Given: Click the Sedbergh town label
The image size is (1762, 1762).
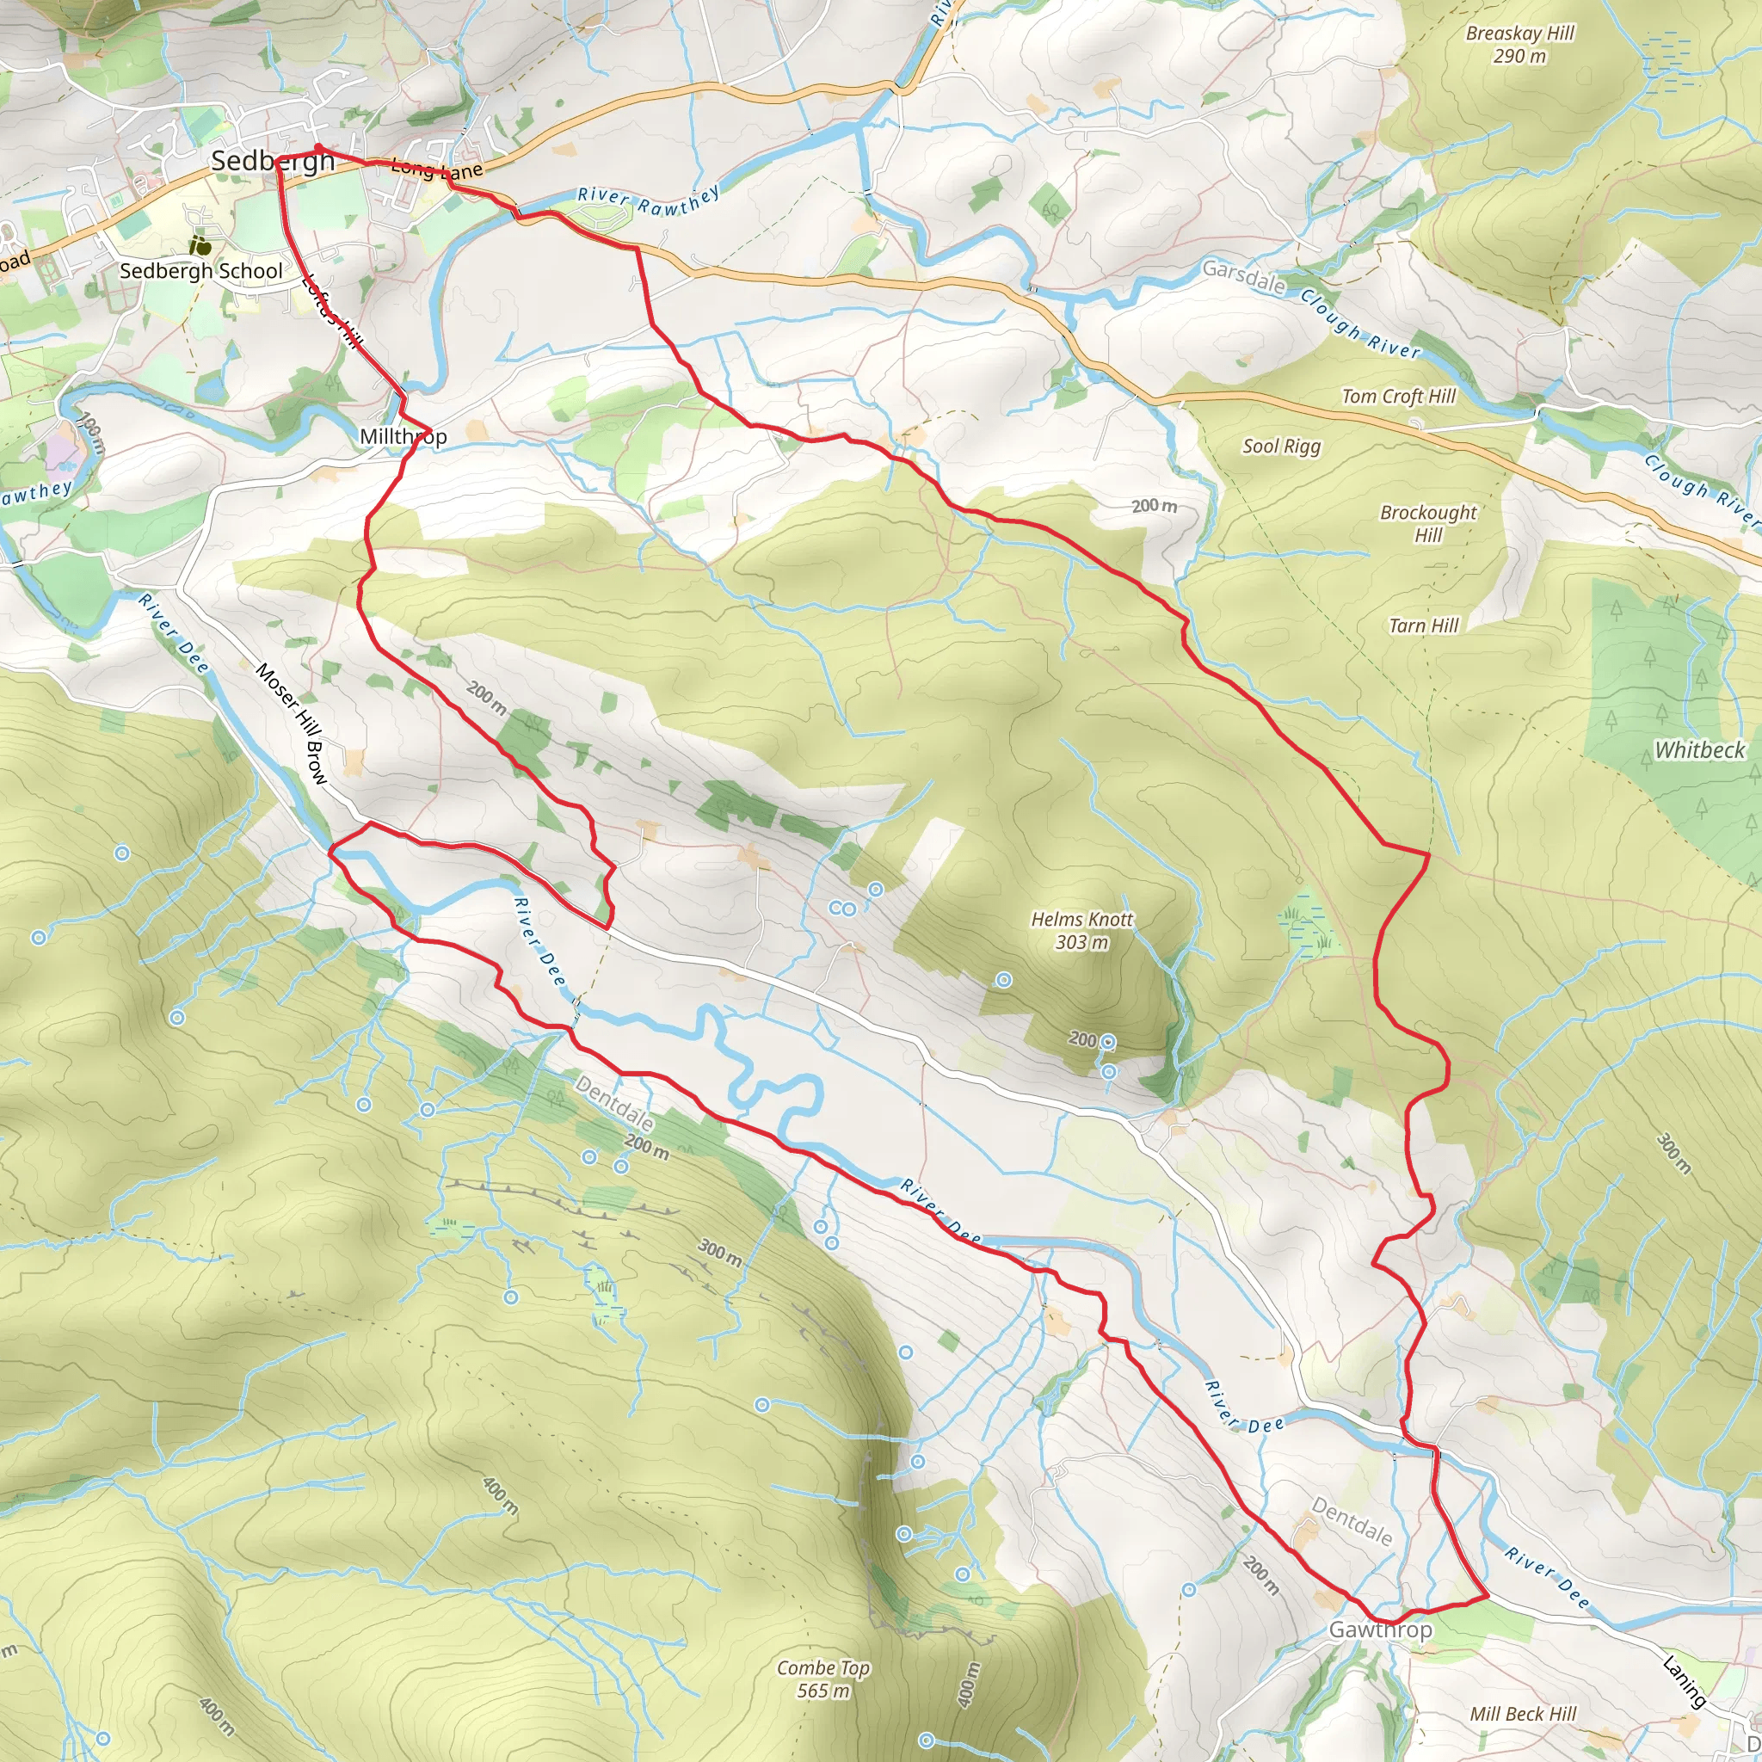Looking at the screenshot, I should [x=273, y=162].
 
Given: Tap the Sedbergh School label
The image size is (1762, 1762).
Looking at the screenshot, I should [x=200, y=271].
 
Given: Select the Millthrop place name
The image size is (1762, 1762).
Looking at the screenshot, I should [x=404, y=436].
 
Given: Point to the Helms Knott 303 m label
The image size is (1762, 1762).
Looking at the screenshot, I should [x=1081, y=930].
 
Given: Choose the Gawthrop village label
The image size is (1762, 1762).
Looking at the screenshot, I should [x=1380, y=1629].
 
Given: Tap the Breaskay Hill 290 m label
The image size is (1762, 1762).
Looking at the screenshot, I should [x=1520, y=44].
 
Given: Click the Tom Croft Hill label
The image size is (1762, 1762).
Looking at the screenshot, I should [x=1398, y=396].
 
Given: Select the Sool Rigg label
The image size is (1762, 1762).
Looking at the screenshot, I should [x=1281, y=446].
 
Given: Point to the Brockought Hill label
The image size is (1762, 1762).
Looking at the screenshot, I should [x=1427, y=523].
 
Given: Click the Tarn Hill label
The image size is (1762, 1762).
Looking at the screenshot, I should [x=1424, y=625].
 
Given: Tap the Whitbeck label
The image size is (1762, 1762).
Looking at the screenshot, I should [x=1700, y=749].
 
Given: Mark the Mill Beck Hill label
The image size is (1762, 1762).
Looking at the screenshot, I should [x=1522, y=1714].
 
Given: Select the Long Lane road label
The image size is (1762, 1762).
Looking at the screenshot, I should [x=437, y=169].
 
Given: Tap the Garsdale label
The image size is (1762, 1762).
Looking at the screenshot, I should [x=1243, y=276].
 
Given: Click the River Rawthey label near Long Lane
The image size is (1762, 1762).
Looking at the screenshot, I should [x=649, y=200].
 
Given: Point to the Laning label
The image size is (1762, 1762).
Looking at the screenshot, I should [x=1684, y=1681].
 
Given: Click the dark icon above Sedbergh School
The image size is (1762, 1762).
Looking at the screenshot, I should [x=200, y=244].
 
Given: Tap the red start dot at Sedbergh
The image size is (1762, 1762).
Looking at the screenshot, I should [x=318, y=148].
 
